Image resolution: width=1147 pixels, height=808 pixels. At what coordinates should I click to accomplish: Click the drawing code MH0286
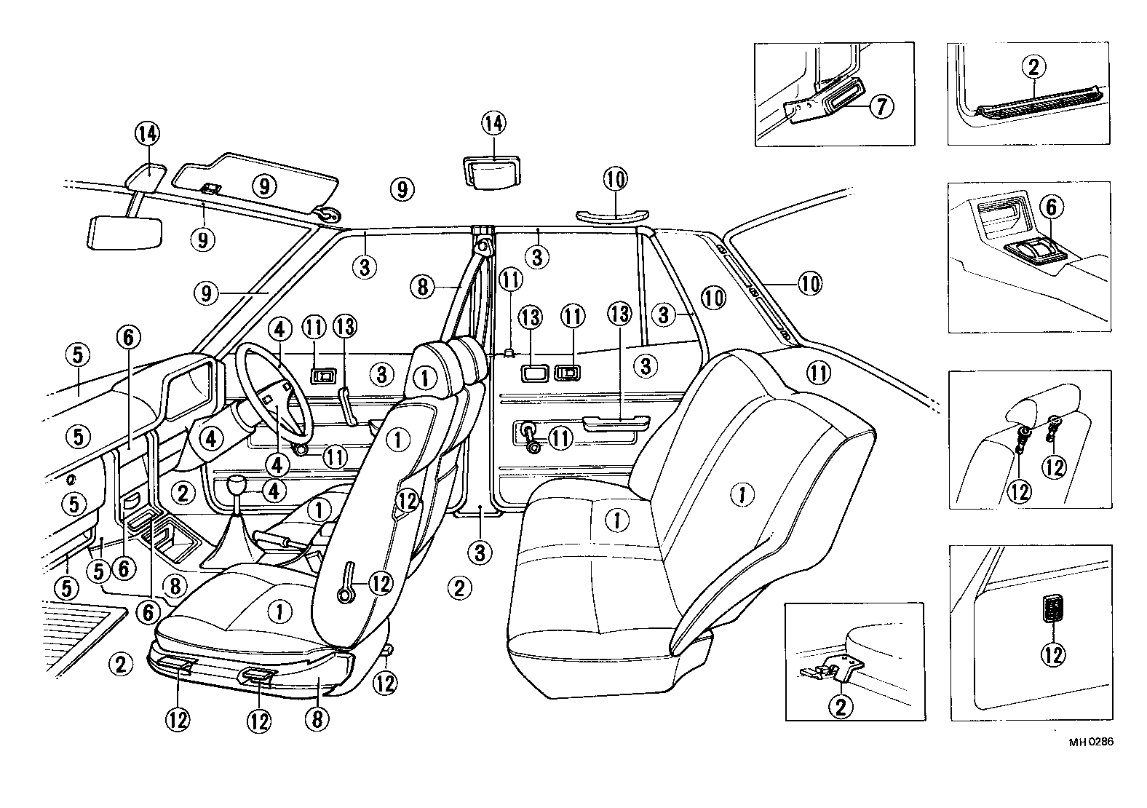(1091, 742)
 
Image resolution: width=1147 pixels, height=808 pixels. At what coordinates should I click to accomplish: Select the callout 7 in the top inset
(881, 106)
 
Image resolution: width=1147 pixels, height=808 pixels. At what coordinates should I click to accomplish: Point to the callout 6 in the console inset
(1051, 207)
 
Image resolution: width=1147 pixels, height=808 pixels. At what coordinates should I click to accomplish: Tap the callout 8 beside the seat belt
(422, 287)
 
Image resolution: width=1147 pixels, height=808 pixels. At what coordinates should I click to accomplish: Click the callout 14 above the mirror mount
(147, 133)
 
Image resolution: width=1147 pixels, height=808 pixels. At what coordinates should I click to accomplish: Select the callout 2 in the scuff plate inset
(1033, 68)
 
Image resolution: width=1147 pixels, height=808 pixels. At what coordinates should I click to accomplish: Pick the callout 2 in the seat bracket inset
(840, 706)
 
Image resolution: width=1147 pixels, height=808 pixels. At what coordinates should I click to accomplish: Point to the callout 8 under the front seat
(318, 719)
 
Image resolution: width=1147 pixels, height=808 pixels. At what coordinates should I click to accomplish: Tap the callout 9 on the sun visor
(264, 186)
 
